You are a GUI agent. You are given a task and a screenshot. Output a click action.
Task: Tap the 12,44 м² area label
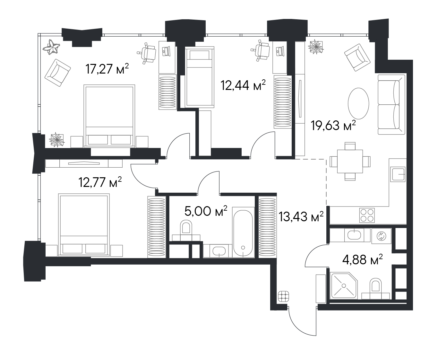click(x=243, y=85)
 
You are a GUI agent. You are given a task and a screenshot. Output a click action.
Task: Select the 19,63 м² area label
click(x=333, y=125)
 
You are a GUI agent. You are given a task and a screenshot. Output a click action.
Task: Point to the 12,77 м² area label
click(x=100, y=182)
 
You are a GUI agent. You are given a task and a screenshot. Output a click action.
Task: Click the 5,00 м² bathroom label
click(x=206, y=211)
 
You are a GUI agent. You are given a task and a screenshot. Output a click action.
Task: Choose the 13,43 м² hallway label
click(x=301, y=217)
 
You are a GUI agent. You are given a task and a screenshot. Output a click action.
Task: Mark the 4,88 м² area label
click(x=362, y=259)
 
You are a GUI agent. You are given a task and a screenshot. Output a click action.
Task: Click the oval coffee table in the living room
click(x=358, y=103)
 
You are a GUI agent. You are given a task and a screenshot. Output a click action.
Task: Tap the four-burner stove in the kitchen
click(x=367, y=215)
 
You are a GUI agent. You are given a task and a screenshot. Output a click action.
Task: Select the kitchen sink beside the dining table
click(x=398, y=174)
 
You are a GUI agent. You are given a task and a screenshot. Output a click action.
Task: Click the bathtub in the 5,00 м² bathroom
click(x=243, y=233)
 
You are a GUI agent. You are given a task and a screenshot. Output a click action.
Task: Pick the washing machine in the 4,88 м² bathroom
click(x=381, y=236)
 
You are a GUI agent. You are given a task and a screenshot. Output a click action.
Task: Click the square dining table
click(x=350, y=162)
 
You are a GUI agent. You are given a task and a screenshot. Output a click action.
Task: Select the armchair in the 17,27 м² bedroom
click(x=58, y=73)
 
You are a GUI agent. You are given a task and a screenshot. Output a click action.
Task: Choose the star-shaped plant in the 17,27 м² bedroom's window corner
click(x=51, y=47)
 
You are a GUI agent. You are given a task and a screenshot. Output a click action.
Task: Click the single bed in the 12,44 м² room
click(x=200, y=77)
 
